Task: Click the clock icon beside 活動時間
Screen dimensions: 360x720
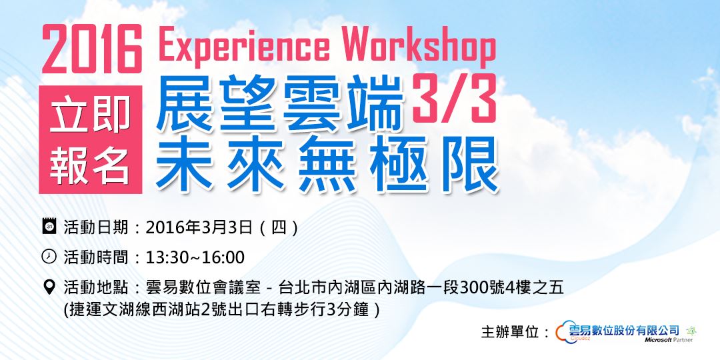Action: tap(49, 257)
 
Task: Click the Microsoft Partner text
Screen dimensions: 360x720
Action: tap(668, 340)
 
